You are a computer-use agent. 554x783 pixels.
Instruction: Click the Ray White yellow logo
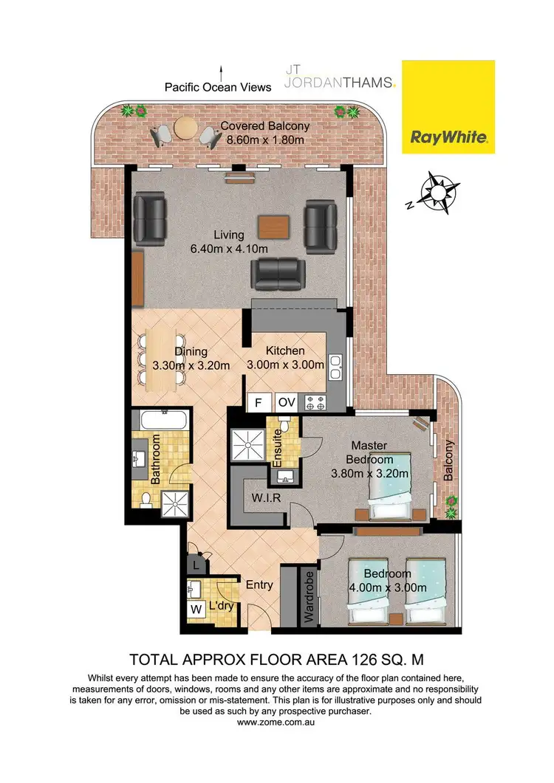[x=448, y=106]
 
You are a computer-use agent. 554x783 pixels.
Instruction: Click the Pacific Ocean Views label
[x=218, y=87]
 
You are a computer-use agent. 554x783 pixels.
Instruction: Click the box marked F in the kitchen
[x=259, y=403]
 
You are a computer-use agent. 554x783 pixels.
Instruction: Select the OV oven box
[x=286, y=403]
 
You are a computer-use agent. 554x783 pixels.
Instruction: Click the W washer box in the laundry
[x=196, y=610]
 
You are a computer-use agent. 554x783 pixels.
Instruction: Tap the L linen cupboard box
[x=196, y=566]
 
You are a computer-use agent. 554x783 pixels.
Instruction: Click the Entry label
[x=259, y=584]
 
